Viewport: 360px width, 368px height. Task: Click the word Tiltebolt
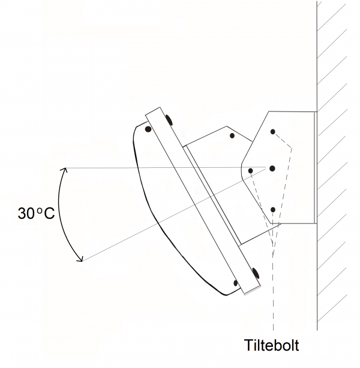point(271,345)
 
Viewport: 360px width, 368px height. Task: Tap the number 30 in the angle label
point(26,213)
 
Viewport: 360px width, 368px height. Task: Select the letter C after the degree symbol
point(49,213)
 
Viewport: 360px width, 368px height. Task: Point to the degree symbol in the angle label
point(40,210)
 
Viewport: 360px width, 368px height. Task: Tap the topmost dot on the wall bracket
point(272,132)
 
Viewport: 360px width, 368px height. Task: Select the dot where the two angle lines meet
point(272,168)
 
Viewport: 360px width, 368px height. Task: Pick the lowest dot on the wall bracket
point(273,209)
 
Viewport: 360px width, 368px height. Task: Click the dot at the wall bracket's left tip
point(250,171)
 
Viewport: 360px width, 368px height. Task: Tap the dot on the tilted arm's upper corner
point(232,135)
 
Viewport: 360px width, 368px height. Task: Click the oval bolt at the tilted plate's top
point(169,120)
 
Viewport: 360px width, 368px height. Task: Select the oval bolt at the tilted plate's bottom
point(255,273)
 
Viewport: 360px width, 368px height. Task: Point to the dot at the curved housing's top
point(148,129)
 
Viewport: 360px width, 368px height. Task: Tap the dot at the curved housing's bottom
point(236,283)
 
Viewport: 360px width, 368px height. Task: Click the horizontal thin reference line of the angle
point(166,168)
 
